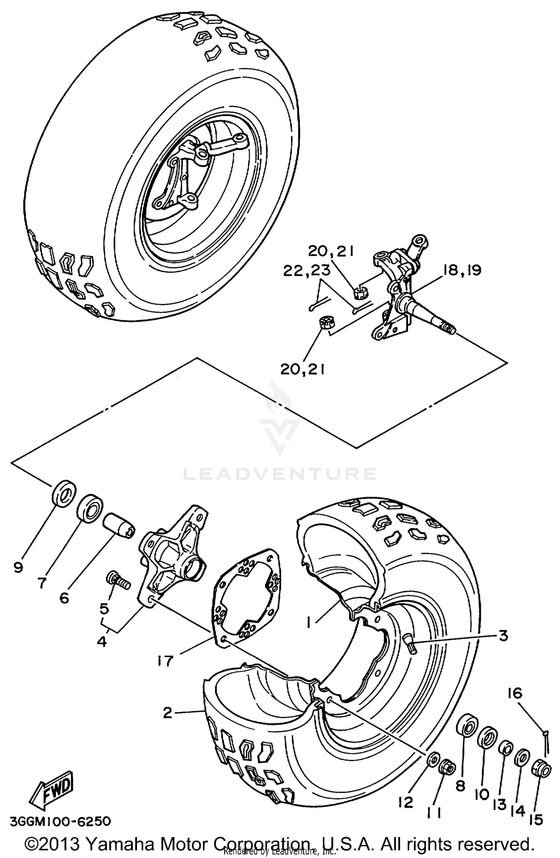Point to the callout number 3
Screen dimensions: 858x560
tap(503, 636)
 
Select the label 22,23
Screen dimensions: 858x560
tap(307, 271)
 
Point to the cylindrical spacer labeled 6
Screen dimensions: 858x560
tap(118, 526)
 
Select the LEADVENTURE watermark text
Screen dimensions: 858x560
tap(279, 474)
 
